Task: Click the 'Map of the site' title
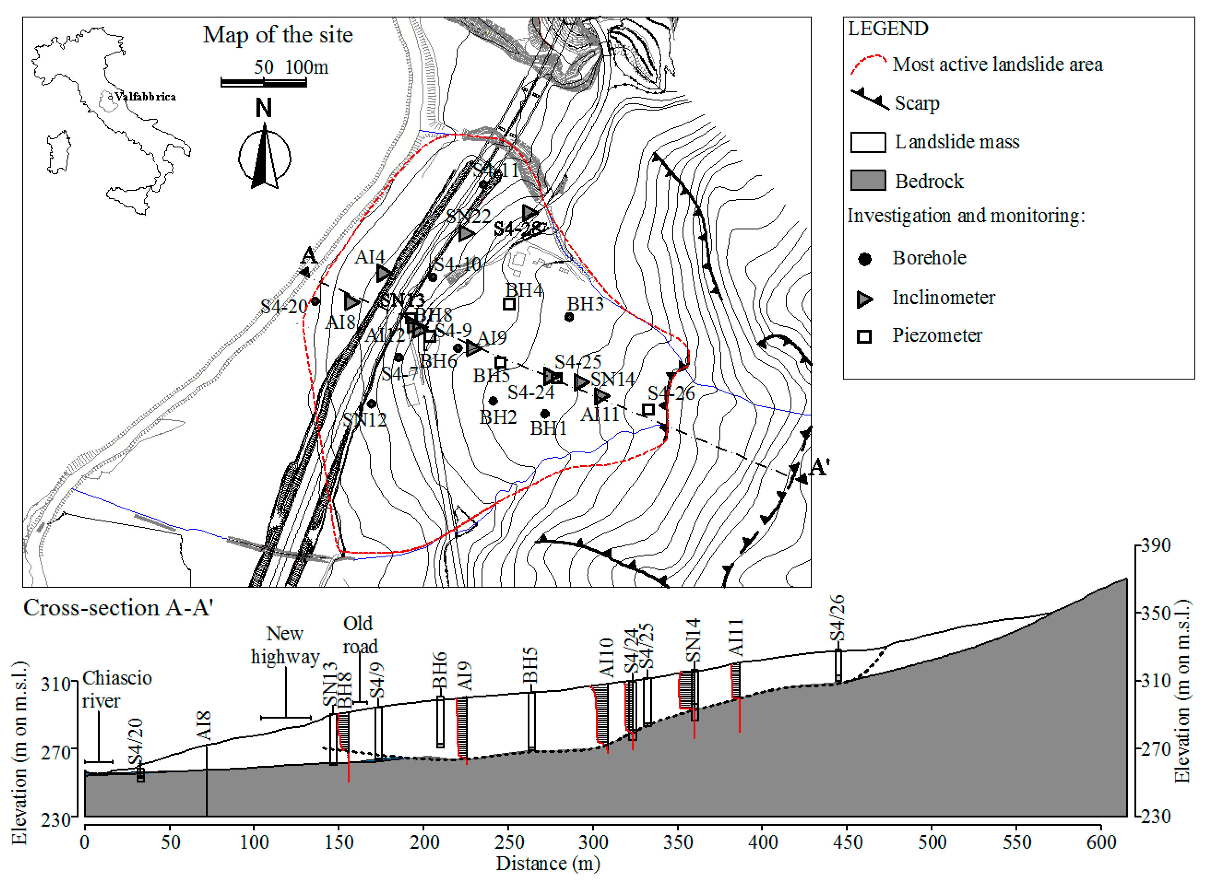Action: pyautogui.click(x=278, y=35)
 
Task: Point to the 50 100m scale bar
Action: pyautogui.click(x=264, y=82)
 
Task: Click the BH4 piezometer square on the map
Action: pyautogui.click(x=509, y=304)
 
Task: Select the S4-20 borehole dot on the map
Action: pyautogui.click(x=315, y=301)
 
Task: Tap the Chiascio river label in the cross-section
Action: pyautogui.click(x=117, y=689)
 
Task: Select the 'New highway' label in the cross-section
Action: pyautogui.click(x=285, y=645)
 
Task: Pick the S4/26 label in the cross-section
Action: pyautogui.click(x=838, y=617)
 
